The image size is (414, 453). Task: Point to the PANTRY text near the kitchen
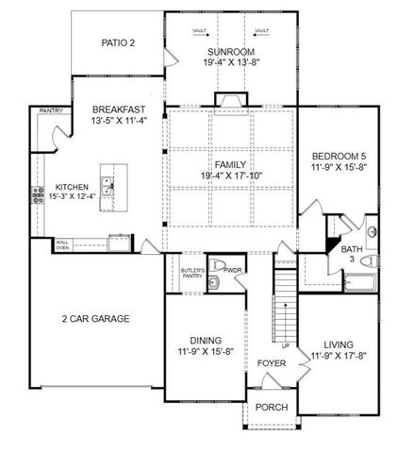[51, 110]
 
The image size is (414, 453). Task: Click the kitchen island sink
[109, 186]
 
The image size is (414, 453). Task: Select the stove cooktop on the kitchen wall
[40, 195]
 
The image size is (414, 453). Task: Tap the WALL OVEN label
[62, 244]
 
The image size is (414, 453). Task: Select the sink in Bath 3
[373, 231]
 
